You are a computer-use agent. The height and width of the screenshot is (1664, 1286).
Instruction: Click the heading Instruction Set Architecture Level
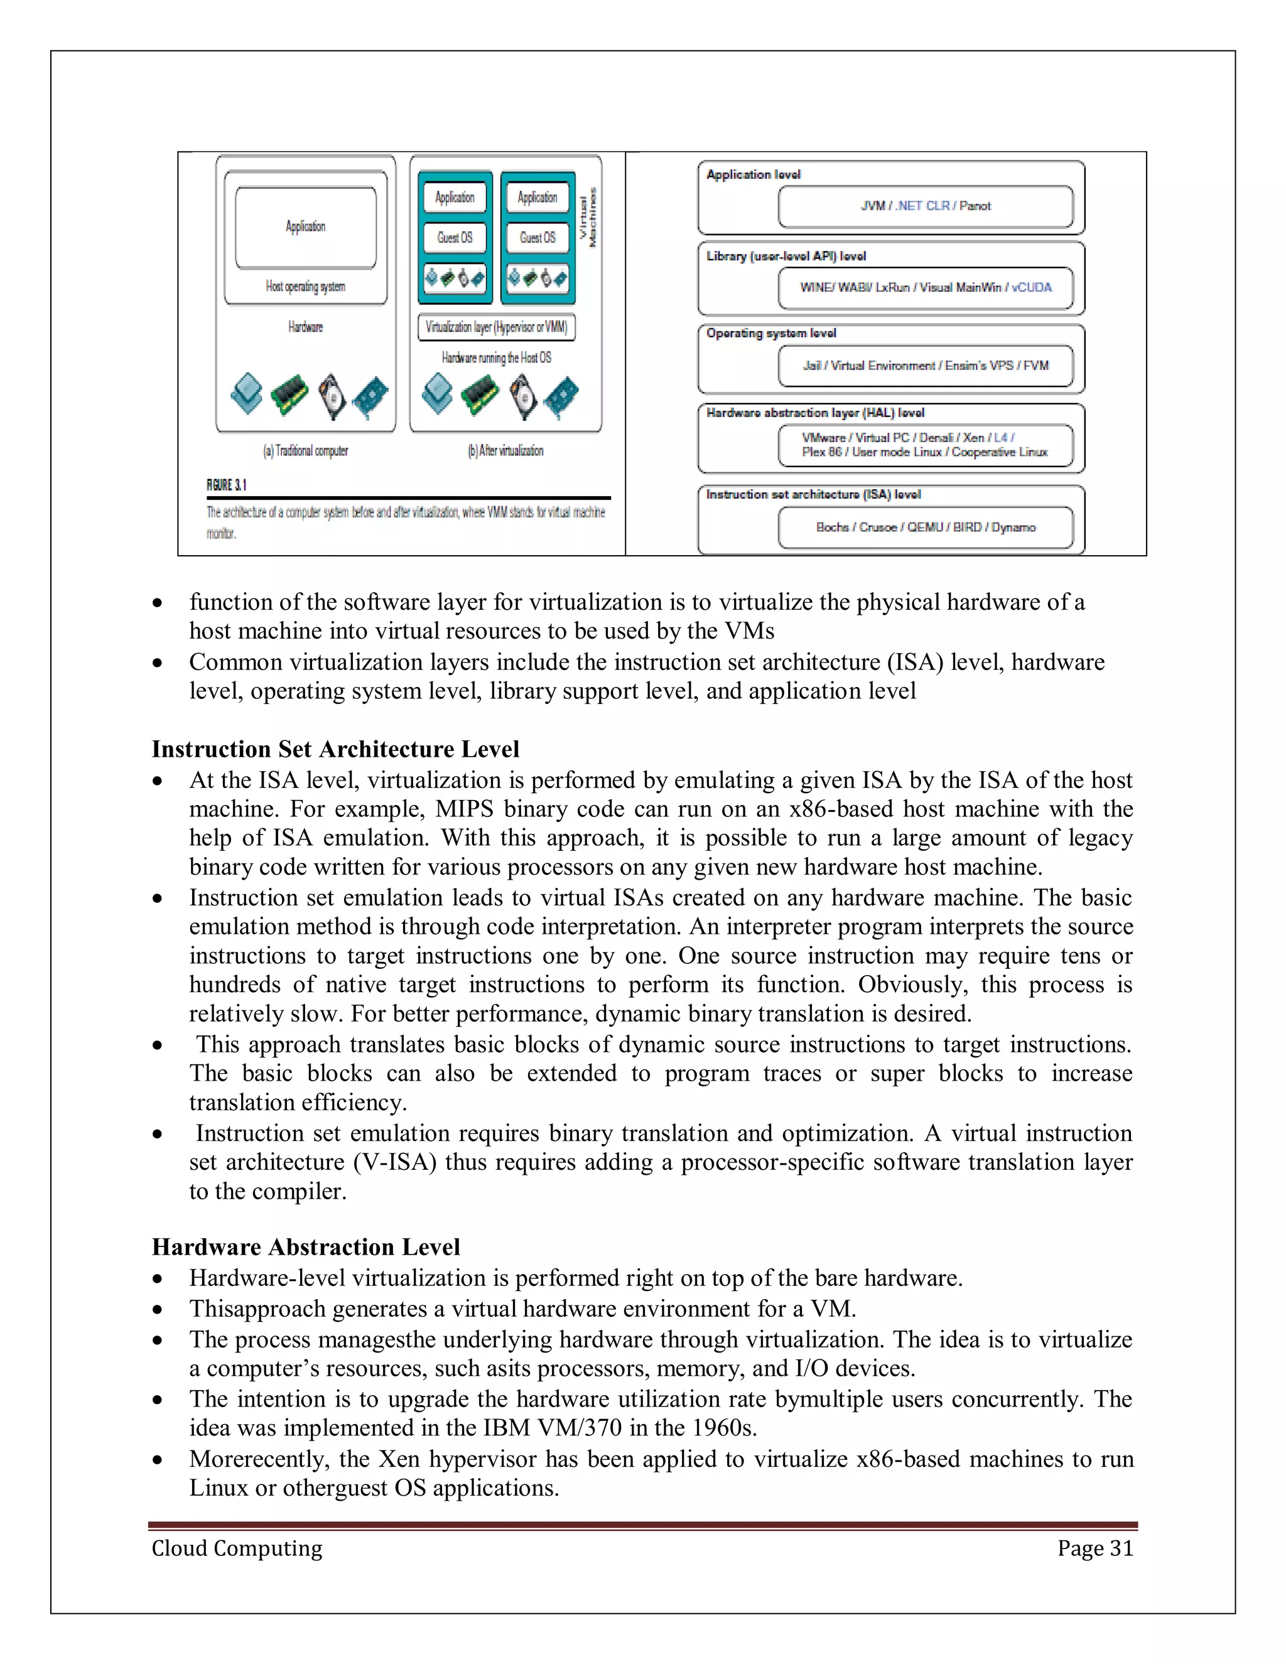point(335,750)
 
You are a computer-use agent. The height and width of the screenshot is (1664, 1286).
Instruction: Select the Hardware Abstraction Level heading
point(306,1247)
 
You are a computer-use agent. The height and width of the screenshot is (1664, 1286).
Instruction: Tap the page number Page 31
point(1094,1548)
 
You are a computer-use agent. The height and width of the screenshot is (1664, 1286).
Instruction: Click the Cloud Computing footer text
point(237,1548)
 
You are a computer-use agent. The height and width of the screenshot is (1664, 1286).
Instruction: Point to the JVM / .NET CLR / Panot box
point(925,207)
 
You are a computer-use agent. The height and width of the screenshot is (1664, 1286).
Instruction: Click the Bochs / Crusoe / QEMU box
point(925,527)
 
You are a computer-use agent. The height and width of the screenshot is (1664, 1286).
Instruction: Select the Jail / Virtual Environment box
point(925,365)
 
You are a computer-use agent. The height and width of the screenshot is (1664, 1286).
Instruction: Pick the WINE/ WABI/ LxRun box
point(925,287)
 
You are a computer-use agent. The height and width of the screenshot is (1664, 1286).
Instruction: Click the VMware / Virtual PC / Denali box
point(925,445)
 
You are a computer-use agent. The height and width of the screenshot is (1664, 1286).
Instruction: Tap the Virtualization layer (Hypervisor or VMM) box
point(496,328)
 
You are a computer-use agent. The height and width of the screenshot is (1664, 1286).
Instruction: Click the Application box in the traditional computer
point(306,227)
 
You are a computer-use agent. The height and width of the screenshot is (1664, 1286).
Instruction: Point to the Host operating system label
point(306,286)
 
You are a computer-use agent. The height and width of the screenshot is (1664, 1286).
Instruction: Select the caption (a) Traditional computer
point(306,451)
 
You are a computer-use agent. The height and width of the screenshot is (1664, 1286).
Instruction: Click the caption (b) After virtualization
point(505,451)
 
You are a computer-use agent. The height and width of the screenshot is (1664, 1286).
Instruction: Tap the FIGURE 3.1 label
point(226,485)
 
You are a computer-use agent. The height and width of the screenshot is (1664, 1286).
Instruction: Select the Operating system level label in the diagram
point(770,333)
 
